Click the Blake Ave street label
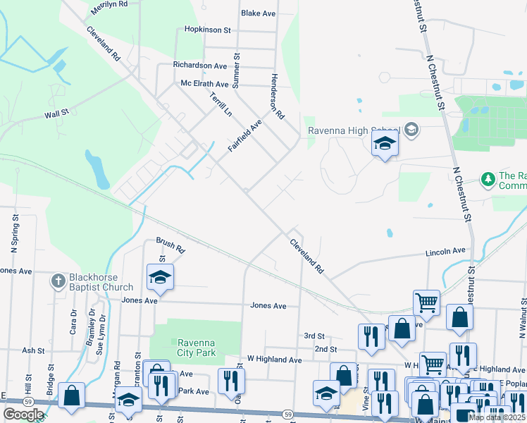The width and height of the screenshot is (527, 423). (257, 13)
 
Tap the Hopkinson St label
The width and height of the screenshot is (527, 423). (208, 30)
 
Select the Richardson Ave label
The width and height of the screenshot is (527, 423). (200, 66)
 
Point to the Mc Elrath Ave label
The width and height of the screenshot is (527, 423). (205, 84)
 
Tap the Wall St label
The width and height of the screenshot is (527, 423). (56, 114)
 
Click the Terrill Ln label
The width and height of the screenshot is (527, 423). (221, 106)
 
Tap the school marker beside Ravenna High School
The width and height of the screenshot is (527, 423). (385, 144)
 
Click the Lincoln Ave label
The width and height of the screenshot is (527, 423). (445, 251)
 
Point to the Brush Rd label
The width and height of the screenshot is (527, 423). (170, 245)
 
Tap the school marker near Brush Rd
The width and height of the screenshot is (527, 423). (160, 277)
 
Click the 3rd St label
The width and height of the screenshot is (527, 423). (314, 336)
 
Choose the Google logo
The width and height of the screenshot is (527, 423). (23, 414)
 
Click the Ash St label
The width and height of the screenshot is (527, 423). (33, 350)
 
